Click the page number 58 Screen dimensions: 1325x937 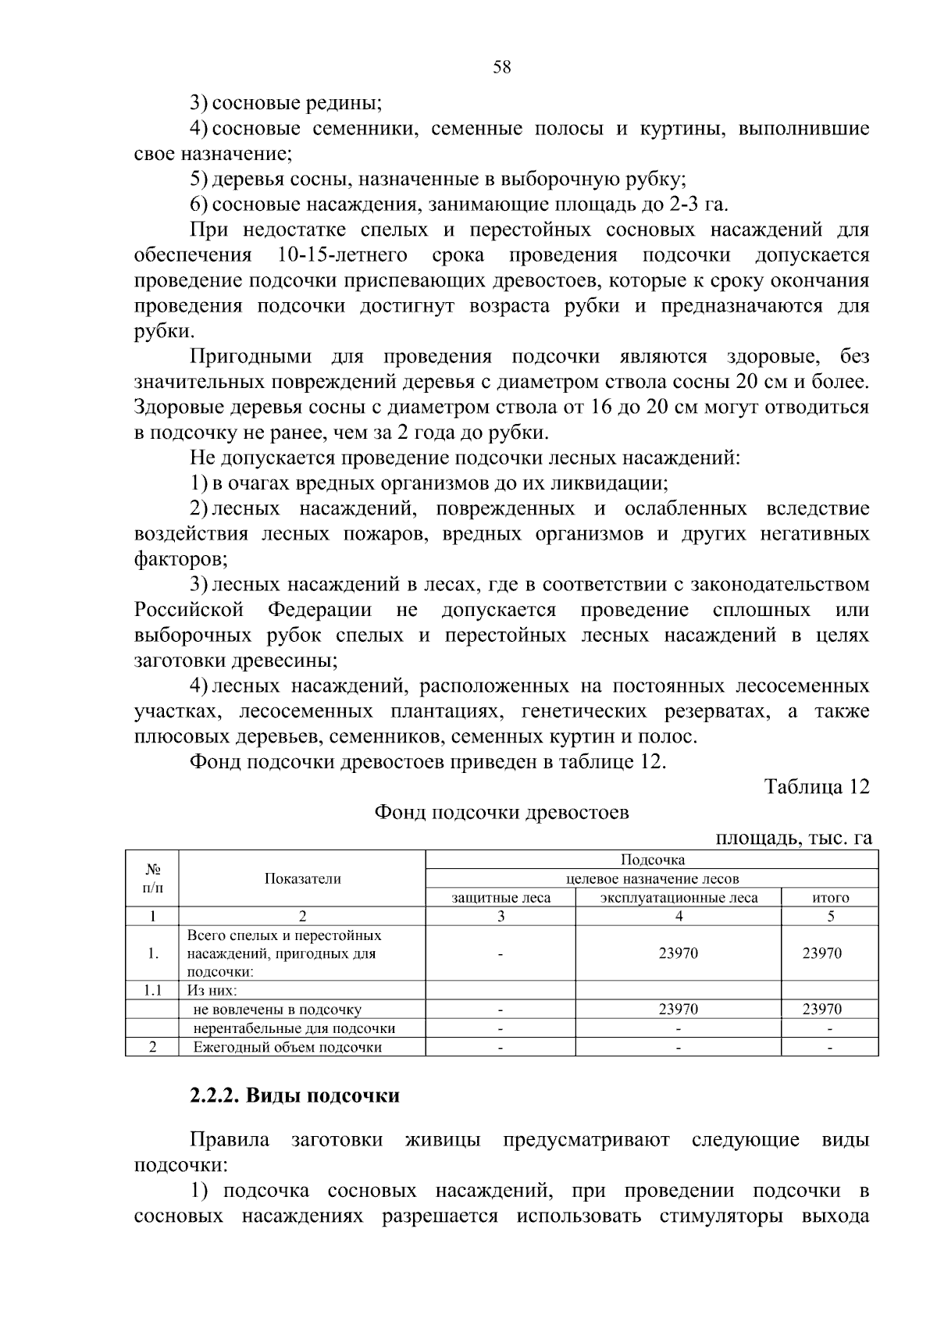pyautogui.click(x=501, y=68)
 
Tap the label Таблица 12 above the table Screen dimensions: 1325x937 pyautogui.click(x=816, y=787)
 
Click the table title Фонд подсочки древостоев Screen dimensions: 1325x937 pyautogui.click(x=501, y=813)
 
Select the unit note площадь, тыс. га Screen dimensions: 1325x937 pyautogui.click(x=793, y=839)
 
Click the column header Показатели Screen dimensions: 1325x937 pyautogui.click(x=302, y=878)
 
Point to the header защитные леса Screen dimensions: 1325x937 pyautogui.click(x=501, y=898)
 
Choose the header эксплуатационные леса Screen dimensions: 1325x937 pyautogui.click(x=679, y=898)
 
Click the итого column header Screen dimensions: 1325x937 pyautogui.click(x=830, y=898)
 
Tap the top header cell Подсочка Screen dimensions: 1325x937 pyautogui.click(x=652, y=860)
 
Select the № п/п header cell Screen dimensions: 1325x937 pyautogui.click(x=152, y=878)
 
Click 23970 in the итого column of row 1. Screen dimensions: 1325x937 pyautogui.click(x=822, y=953)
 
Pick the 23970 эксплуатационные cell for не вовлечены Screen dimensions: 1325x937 pyautogui.click(x=679, y=1010)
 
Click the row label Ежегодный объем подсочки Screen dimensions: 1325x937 pyautogui.click(x=287, y=1048)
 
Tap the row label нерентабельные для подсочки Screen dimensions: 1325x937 pyautogui.click(x=294, y=1028)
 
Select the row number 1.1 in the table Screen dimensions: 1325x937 pyautogui.click(x=152, y=991)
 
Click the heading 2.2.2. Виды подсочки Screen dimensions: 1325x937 pyautogui.click(x=294, y=1096)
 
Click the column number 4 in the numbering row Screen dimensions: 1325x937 pyautogui.click(x=679, y=917)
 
